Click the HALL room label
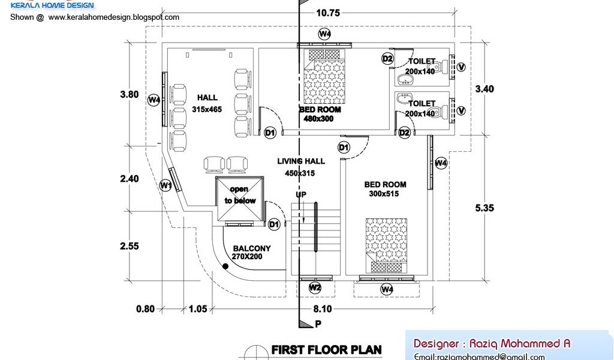click(x=206, y=98)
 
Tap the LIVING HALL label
click(x=301, y=161)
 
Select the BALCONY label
click(x=252, y=248)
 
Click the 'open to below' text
click(x=240, y=195)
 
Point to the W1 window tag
click(x=166, y=185)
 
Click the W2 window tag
click(x=315, y=288)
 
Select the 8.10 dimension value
click(x=322, y=309)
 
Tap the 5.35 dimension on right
click(x=484, y=208)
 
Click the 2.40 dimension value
click(x=129, y=178)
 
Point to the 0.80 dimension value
click(x=145, y=309)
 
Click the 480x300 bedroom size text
click(x=319, y=119)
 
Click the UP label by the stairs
click(x=301, y=195)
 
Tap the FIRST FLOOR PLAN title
click(x=326, y=349)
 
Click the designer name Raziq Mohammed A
click(x=492, y=344)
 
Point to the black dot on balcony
click(x=225, y=267)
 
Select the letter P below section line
click(x=318, y=323)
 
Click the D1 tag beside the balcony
click(x=274, y=224)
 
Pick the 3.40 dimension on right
click(x=484, y=89)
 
